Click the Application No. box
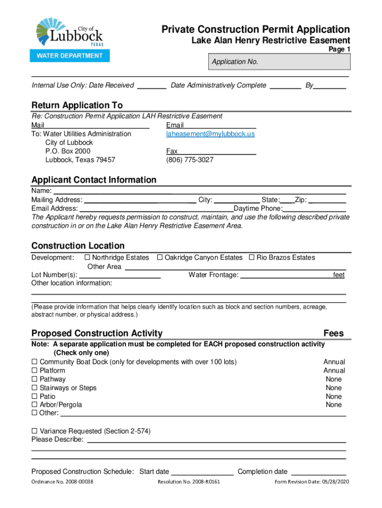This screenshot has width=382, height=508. click(281, 62)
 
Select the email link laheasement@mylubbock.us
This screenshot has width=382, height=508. click(210, 134)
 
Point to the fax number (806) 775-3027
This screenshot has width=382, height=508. click(190, 160)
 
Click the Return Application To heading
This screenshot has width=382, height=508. click(77, 105)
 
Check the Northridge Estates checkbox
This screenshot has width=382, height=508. click(87, 257)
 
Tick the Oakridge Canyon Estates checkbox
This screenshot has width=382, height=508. click(160, 257)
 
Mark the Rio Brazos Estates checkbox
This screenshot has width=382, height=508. click(252, 257)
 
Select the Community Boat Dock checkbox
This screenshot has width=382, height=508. click(35, 362)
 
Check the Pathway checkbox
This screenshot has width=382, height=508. click(35, 380)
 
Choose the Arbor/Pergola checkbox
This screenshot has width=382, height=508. click(35, 405)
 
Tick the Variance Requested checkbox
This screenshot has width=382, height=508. click(35, 431)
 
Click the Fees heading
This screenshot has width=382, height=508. click(333, 333)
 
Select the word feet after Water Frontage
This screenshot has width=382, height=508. click(338, 275)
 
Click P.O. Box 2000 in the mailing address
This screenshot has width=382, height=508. click(67, 151)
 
